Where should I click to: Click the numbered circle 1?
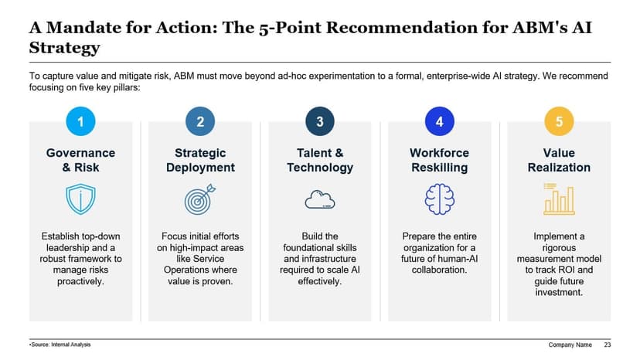tap(80, 121)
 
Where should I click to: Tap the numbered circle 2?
tap(200, 121)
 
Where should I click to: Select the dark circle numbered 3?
tap(320, 121)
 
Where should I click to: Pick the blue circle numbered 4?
tap(439, 121)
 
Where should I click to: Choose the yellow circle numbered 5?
tap(559, 121)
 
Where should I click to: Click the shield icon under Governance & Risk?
tap(80, 199)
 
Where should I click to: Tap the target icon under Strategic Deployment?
tap(200, 199)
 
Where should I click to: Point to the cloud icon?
tap(320, 199)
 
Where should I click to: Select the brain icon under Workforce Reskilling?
tap(439, 199)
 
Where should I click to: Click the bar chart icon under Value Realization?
tap(558, 199)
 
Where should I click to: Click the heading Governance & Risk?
tap(80, 160)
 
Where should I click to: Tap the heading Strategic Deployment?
tap(200, 160)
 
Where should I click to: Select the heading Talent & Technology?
tap(320, 160)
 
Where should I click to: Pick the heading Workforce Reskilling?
tap(439, 160)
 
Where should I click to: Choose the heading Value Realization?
tap(559, 160)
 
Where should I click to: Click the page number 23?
tap(608, 345)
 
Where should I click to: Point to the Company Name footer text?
tap(570, 345)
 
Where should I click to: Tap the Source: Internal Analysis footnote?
tap(60, 345)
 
